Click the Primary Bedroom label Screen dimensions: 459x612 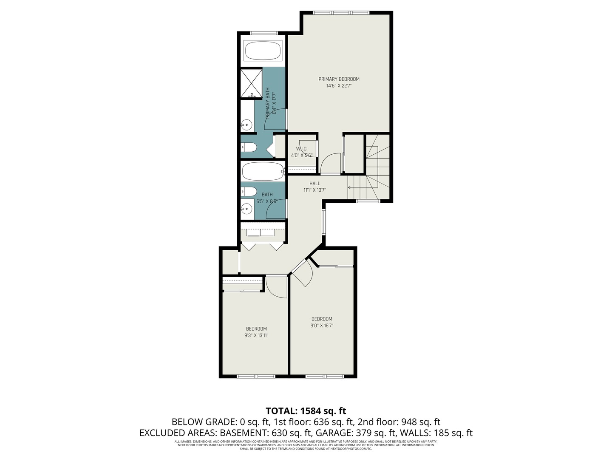[x=339, y=79]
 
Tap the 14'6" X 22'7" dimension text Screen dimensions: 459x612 [x=339, y=86]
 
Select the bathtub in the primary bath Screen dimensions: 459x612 [x=263, y=51]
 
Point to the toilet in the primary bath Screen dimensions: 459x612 [x=249, y=147]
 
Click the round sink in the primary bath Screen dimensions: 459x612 [x=246, y=125]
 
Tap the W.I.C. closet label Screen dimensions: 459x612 [x=301, y=149]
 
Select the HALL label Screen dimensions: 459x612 [x=314, y=184]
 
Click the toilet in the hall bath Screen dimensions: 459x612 [x=249, y=191]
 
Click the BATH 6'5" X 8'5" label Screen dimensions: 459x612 [x=267, y=198]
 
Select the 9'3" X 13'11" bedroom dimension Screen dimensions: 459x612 [x=256, y=335]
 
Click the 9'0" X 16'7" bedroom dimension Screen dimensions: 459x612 [x=322, y=326]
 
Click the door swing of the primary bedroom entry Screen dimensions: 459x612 [x=330, y=164]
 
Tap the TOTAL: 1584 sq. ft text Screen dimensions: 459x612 [x=306, y=411]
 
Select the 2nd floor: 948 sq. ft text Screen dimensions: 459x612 [x=399, y=422]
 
